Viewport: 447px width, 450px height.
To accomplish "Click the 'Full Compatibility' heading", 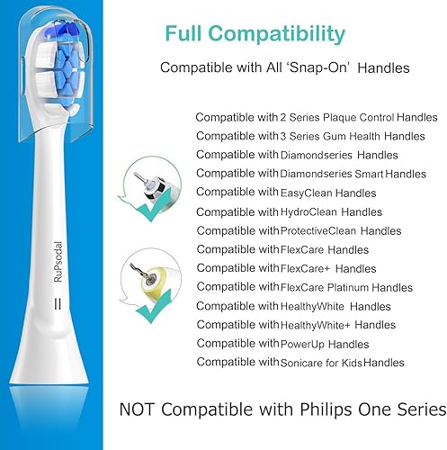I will point(255,35).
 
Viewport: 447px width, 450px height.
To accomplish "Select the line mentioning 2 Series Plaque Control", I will point(303,117).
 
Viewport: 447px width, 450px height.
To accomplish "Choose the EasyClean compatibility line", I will point(285,193).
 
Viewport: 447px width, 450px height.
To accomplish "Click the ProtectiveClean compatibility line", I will point(298,230).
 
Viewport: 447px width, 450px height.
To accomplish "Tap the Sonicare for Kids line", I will point(300,363).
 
